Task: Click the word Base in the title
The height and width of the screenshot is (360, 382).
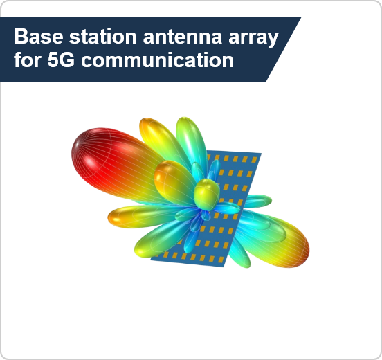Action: coord(39,36)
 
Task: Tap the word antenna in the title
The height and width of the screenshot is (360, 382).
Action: coord(183,37)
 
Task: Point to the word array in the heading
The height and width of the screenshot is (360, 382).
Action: coord(253,39)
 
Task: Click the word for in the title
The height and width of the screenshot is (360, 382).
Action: coord(28,60)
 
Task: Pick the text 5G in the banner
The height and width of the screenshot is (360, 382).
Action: coord(61,60)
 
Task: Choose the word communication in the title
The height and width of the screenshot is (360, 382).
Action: coord(157,60)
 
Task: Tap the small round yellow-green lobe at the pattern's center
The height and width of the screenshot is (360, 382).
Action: coord(207,195)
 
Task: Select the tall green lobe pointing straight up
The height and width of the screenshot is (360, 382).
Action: coord(191,141)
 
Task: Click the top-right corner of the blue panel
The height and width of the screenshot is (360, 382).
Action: coord(262,153)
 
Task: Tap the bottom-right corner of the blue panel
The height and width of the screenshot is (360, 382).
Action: coord(224,267)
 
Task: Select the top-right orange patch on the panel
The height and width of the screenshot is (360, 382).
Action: coord(254,160)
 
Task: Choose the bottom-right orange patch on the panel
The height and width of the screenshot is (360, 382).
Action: coord(221,260)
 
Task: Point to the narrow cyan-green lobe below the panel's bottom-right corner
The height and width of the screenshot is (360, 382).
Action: coord(240,253)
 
